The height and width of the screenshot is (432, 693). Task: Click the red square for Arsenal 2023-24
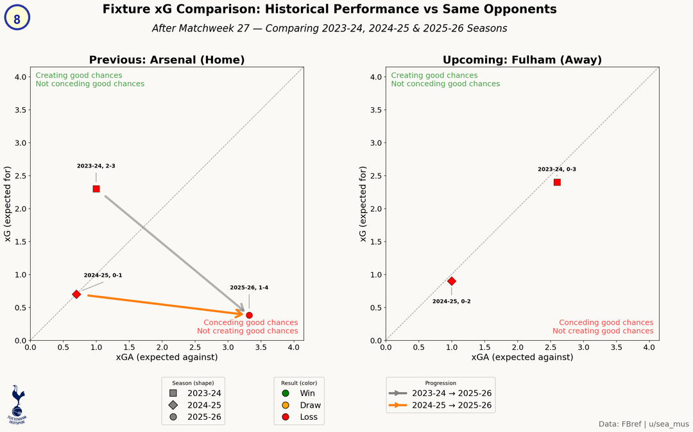(96, 189)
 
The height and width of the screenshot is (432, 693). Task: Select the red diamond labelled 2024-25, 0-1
(76, 294)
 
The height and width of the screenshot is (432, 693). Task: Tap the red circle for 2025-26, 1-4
(249, 315)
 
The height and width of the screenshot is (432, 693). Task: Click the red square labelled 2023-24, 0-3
(557, 182)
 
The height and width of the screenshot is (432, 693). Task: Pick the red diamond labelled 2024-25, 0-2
(452, 281)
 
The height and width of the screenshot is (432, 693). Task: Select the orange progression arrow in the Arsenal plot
(167, 305)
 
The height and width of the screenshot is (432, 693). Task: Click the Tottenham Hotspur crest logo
(17, 404)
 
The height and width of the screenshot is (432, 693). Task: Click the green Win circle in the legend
(286, 393)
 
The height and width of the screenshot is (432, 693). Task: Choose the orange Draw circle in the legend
(286, 405)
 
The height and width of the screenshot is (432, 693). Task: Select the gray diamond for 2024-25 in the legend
(173, 405)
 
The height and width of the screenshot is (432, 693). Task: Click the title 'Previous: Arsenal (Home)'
(167, 60)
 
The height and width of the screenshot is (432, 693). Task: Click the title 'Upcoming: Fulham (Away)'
(522, 60)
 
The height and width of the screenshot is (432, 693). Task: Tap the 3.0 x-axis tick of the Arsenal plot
(228, 347)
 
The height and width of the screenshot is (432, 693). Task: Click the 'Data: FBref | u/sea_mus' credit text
(643, 424)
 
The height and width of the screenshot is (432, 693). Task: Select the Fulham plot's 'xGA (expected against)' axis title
(522, 358)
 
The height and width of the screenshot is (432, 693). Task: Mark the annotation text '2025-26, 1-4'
(249, 288)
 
